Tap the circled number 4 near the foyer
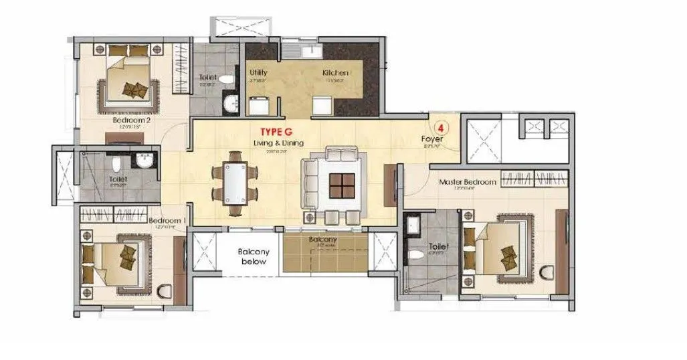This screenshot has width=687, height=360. click(441, 126)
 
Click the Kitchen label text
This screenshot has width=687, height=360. click(334, 72)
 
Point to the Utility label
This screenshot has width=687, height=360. click(259, 72)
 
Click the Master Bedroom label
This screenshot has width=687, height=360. click(468, 182)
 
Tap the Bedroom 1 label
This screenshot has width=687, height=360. click(166, 221)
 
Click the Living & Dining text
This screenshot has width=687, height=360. click(278, 144)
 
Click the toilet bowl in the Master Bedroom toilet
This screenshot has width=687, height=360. click(417, 254)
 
